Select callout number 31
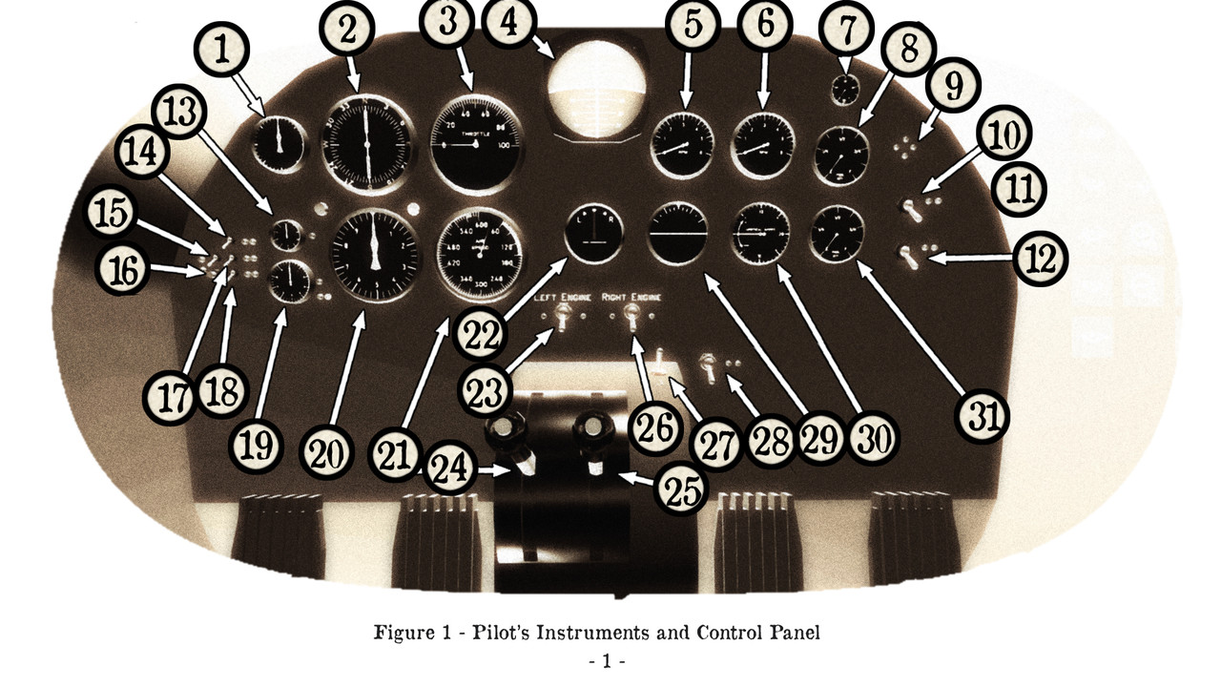983,417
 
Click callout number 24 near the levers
448,469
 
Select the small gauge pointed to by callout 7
845,91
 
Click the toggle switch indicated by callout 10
914,209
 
